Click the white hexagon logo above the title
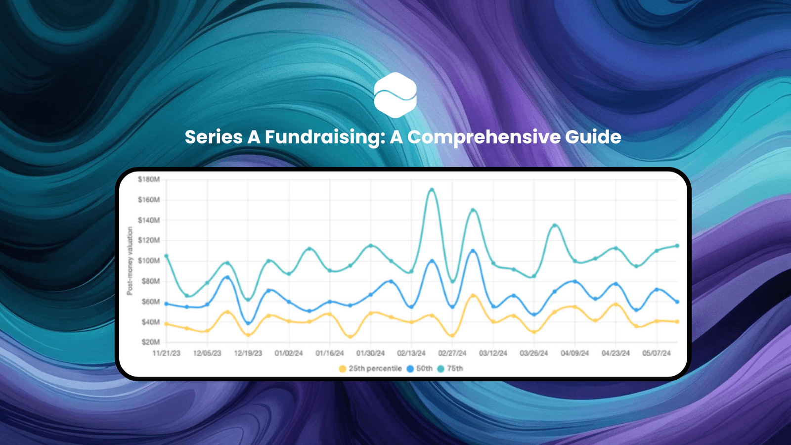point(395,95)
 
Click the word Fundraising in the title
point(325,137)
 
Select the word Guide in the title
point(593,137)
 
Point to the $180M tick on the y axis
point(149,179)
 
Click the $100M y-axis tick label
point(149,261)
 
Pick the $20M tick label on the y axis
point(150,342)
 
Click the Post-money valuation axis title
point(130,261)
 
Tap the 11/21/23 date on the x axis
point(166,353)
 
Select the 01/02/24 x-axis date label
point(289,353)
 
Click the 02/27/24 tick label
point(452,353)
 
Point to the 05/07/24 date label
point(657,353)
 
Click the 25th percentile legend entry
point(370,368)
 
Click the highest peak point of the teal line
point(432,190)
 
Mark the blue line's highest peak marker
point(473,251)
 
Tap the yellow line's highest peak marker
point(473,296)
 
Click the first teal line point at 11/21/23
point(166,256)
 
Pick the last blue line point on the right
point(677,302)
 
